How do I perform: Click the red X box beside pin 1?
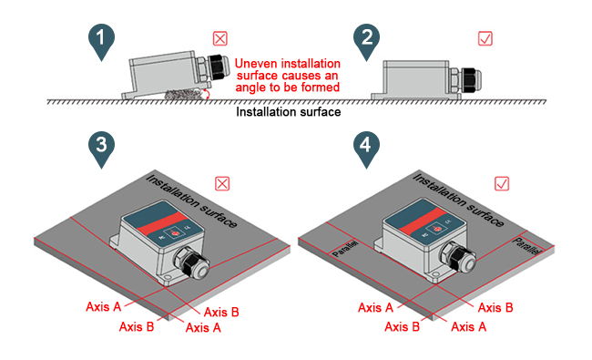point(219,38)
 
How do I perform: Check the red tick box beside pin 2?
point(486,38)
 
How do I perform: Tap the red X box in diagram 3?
point(221,183)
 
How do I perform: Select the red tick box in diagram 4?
point(500,183)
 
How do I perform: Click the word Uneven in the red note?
point(255,65)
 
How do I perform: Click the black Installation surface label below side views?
point(289,113)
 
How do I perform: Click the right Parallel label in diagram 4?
point(527,244)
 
